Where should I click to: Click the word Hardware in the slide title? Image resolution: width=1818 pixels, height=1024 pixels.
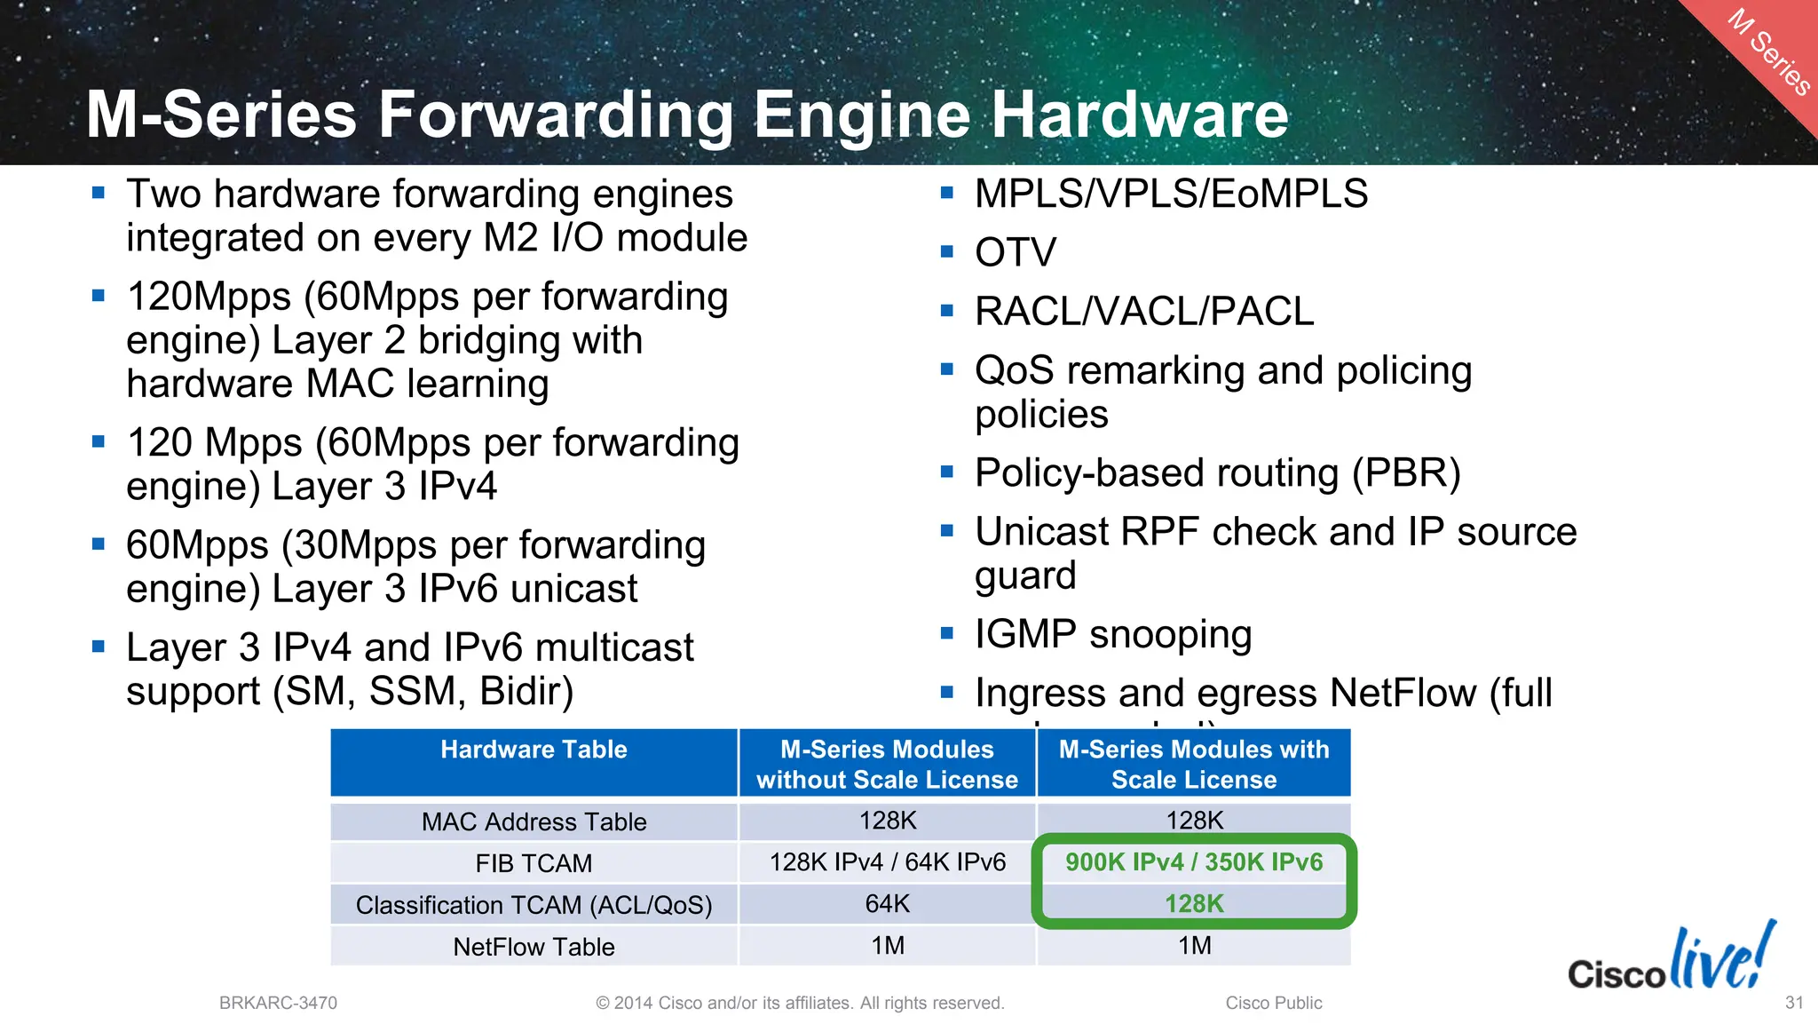[1139, 115]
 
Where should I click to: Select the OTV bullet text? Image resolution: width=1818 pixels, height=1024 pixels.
[1016, 252]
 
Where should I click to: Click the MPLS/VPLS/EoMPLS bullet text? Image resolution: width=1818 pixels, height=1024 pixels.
[1171, 194]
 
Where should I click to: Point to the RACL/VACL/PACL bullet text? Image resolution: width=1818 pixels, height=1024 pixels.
[1143, 311]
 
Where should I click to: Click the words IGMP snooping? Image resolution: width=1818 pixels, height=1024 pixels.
[1113, 634]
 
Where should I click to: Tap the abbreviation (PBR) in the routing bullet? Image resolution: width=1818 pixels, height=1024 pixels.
[1406, 472]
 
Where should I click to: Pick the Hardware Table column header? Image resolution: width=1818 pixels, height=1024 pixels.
[534, 750]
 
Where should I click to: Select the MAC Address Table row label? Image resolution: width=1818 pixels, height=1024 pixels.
[534, 822]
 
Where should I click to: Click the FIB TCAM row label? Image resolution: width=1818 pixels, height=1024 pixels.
[534, 863]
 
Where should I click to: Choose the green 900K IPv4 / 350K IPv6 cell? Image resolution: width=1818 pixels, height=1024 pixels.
[1194, 862]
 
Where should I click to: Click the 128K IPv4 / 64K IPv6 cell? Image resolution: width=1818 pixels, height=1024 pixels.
[887, 862]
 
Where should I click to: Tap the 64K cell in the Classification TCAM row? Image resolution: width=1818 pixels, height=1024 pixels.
[887, 904]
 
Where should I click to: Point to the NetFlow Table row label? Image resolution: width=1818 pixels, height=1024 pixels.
[534, 947]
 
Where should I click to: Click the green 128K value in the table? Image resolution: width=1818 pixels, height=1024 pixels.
[1194, 904]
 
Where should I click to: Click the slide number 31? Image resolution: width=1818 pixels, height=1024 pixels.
[1794, 1003]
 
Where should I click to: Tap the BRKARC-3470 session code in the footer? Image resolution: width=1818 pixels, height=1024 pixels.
[278, 1003]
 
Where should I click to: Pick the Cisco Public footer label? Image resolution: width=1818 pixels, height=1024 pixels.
[1274, 1003]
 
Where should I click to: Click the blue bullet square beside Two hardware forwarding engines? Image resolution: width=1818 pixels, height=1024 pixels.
[99, 192]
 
